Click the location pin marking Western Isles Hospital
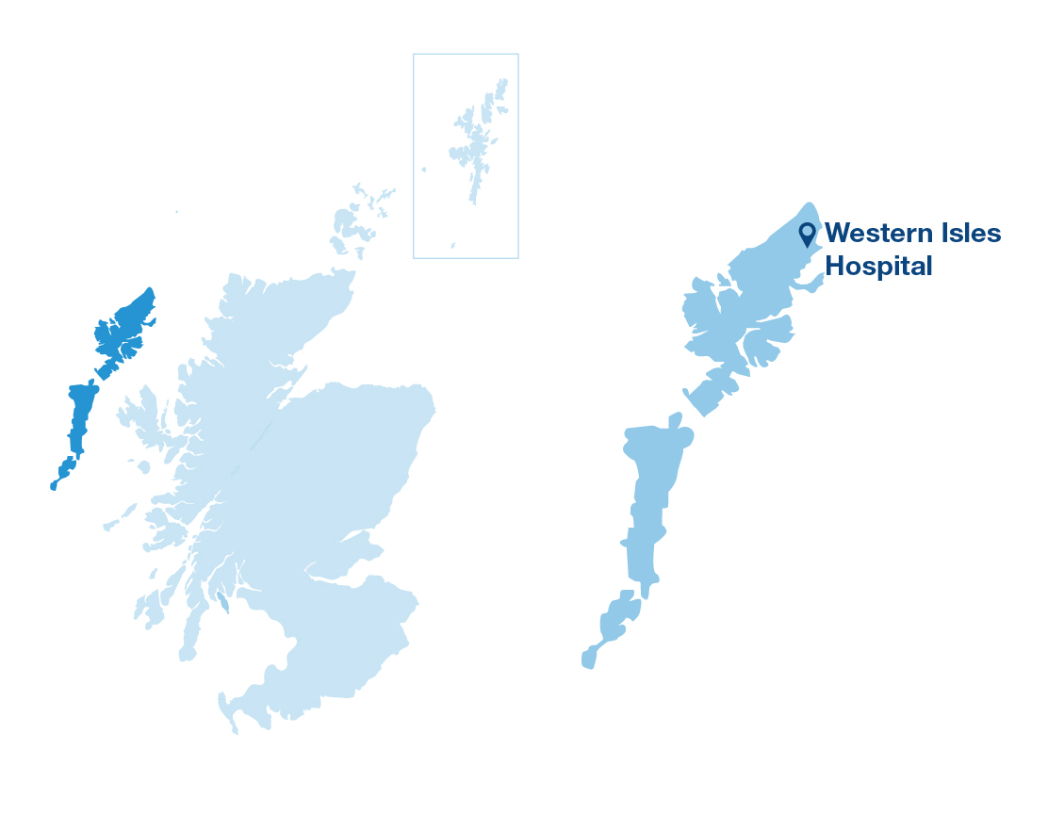807,232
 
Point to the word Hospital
878,266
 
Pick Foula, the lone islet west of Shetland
423,170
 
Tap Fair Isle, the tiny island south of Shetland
452,245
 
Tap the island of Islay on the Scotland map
149,608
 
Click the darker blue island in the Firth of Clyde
222,601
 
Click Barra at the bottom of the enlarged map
589,656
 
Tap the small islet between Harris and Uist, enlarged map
674,416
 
